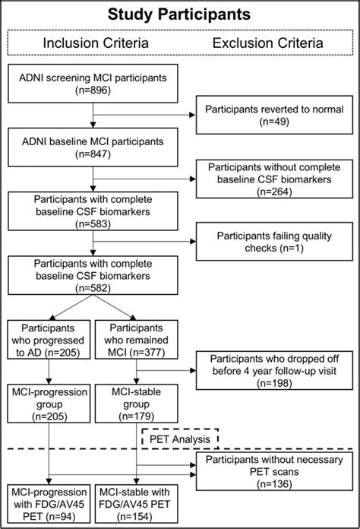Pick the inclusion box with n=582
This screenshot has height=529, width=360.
coord(93,278)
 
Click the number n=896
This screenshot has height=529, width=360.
coord(93,97)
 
